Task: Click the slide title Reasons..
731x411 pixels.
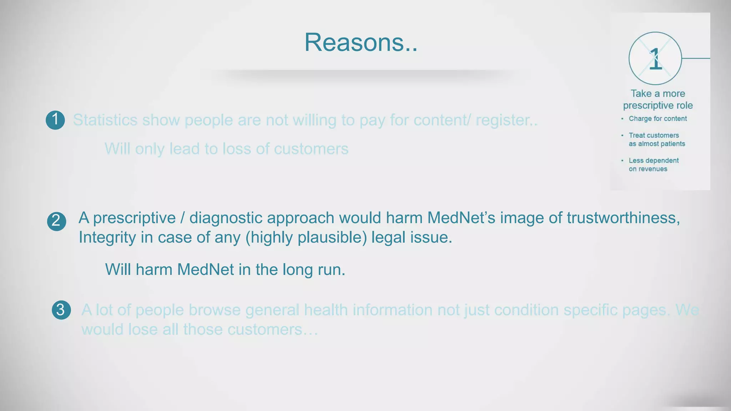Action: (x=361, y=42)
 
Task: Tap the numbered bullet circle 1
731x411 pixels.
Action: (x=55, y=120)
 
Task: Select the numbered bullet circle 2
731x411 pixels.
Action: (x=56, y=221)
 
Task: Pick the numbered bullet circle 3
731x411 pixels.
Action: (x=61, y=310)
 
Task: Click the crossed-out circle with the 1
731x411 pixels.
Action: (x=655, y=59)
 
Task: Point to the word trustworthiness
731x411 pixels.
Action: (x=623, y=218)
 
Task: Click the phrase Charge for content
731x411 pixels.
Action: (x=657, y=119)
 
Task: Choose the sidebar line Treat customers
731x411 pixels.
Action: (x=654, y=136)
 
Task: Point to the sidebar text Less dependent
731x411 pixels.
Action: (x=654, y=161)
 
